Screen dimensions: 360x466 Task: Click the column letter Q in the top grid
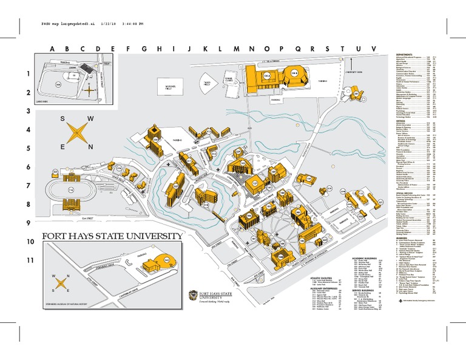point(297,49)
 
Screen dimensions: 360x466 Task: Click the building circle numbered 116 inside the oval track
point(72,190)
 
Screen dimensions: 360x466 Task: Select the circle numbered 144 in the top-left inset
point(58,85)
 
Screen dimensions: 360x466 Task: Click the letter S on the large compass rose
point(63,119)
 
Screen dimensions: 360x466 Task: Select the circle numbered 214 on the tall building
point(155,139)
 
